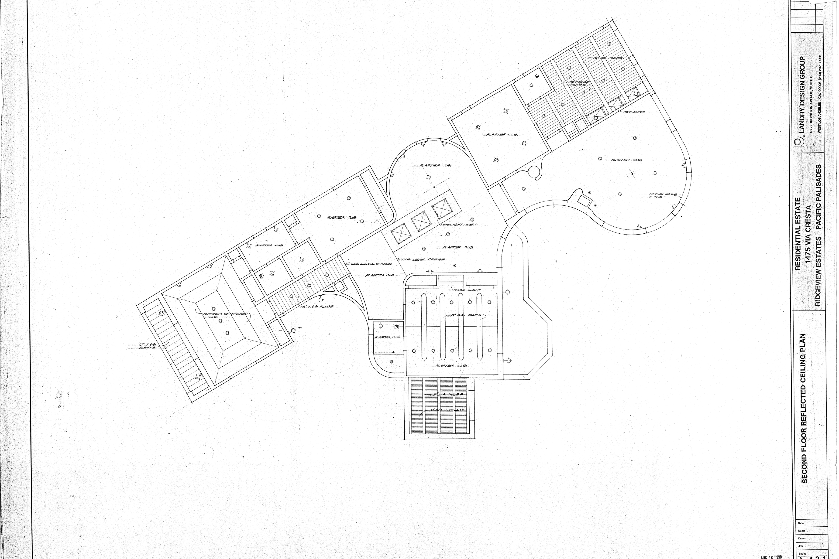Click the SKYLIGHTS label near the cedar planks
[x=634, y=112]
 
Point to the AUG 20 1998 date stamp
[x=771, y=556]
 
